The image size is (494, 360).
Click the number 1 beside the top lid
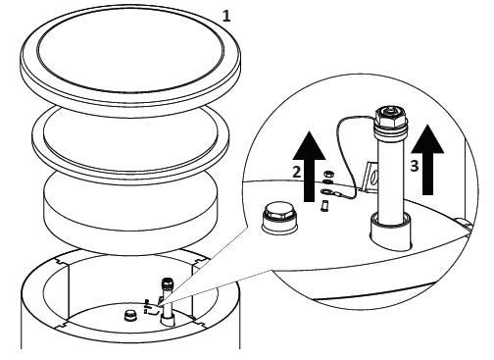tap(226, 16)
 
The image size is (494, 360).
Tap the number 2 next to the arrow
tap(296, 172)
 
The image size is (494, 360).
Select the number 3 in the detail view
tap(415, 166)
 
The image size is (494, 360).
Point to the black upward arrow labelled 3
tap(427, 159)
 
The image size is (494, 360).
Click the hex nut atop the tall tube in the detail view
tap(391, 118)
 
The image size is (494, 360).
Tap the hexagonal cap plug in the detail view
tap(279, 218)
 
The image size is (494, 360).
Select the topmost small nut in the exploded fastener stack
tap(327, 173)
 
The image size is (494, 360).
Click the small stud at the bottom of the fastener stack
tap(325, 206)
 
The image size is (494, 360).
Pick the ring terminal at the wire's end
tap(327, 191)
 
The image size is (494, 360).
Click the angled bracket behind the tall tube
tap(370, 179)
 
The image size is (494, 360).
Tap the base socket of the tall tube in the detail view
tap(391, 231)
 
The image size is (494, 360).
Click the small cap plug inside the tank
tap(130, 316)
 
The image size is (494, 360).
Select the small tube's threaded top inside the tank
tap(168, 283)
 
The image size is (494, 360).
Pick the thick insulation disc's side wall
tap(130, 228)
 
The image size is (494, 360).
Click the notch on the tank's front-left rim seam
tap(62, 325)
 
